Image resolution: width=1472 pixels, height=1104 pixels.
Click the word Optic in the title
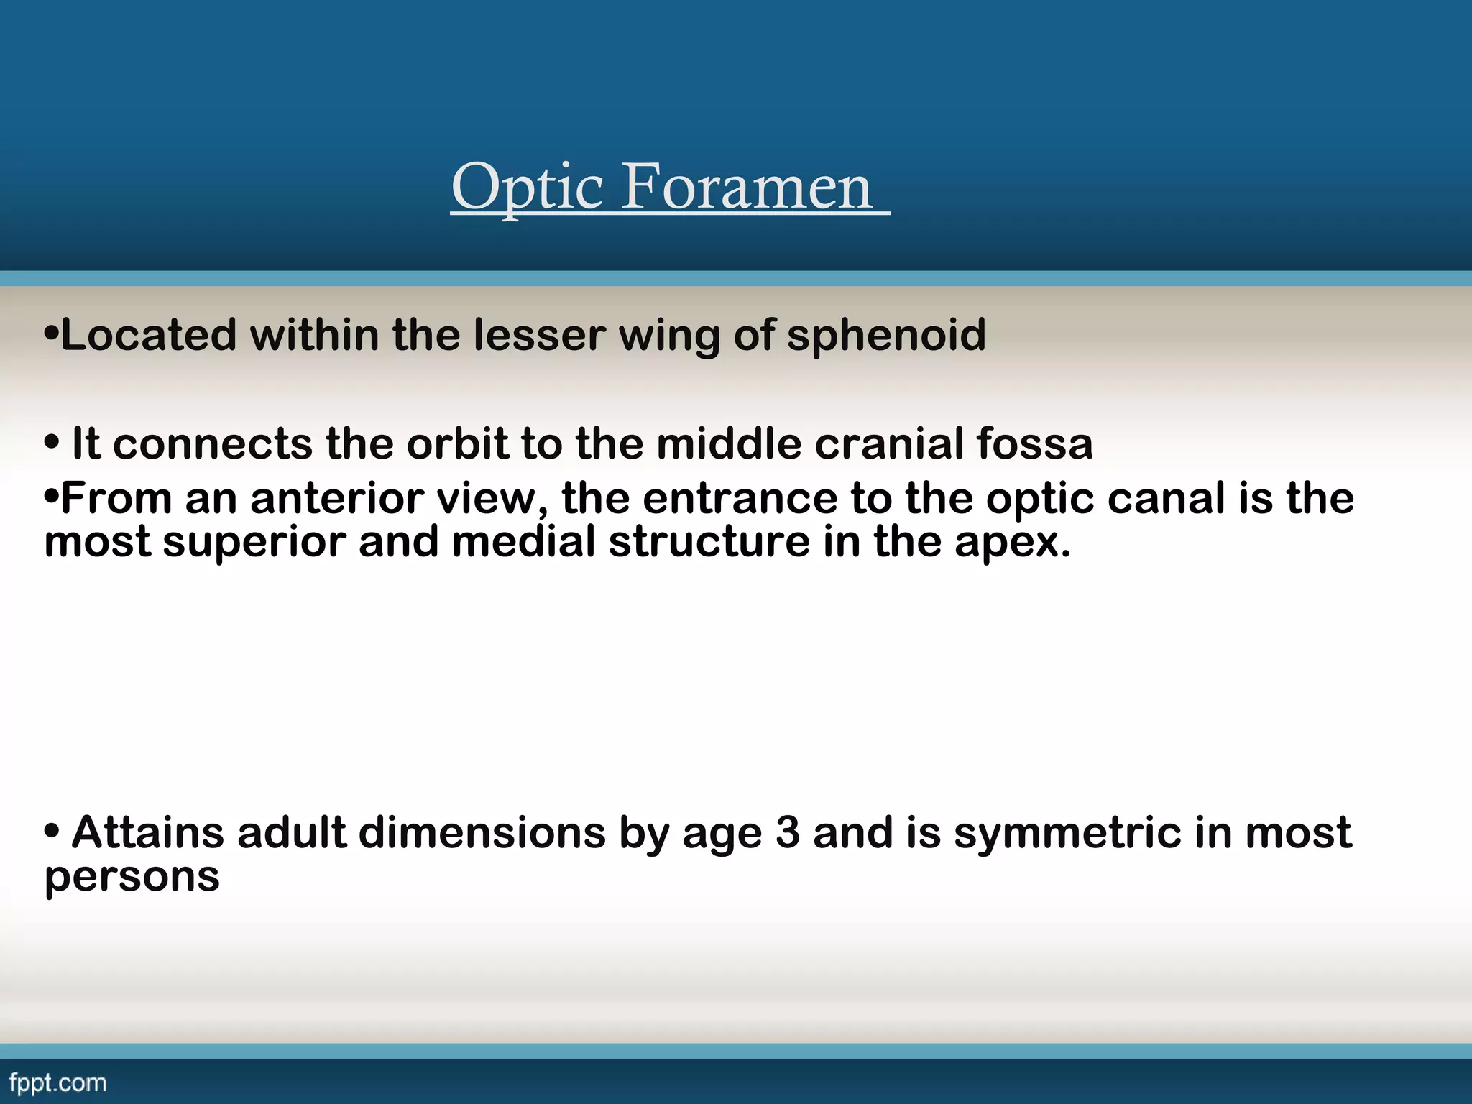click(x=528, y=188)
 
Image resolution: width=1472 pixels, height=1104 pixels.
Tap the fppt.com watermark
click(x=58, y=1083)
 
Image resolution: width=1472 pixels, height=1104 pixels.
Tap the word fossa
click(x=1034, y=443)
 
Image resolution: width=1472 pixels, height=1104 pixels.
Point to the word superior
click(x=254, y=542)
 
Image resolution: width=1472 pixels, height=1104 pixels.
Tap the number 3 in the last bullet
click(x=787, y=833)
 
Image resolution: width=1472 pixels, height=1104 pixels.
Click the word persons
click(x=132, y=878)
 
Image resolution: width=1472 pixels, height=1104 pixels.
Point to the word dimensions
click(x=482, y=833)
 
